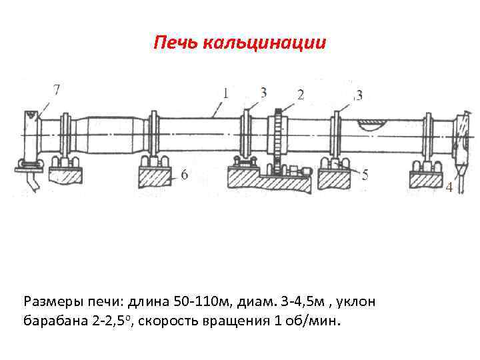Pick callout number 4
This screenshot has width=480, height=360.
[x=449, y=188]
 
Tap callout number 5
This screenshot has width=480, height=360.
[x=365, y=176]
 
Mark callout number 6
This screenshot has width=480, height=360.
[x=184, y=175]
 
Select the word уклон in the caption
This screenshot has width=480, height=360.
[x=357, y=302]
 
